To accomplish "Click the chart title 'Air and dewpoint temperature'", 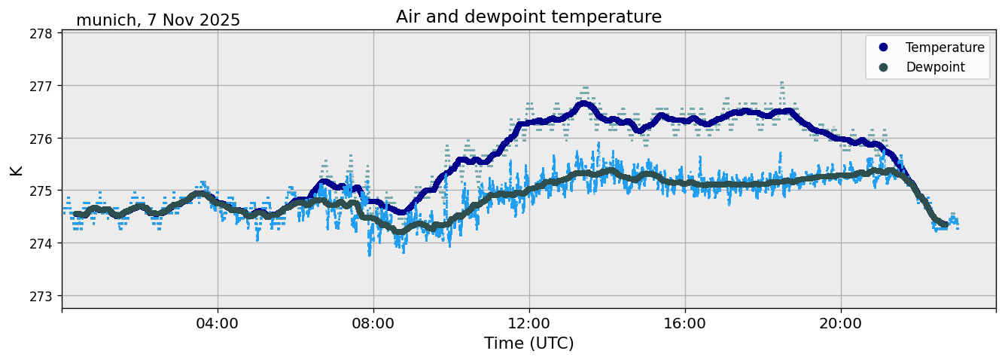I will [528, 17].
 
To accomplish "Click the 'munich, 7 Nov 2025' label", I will [158, 20].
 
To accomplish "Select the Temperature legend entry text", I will [945, 47].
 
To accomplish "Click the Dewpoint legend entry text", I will [935, 67].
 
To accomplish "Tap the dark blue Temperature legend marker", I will [884, 47].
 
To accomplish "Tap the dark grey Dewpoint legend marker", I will [884, 67].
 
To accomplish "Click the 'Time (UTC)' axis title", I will [528, 343].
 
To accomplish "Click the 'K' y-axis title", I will [16, 170].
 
